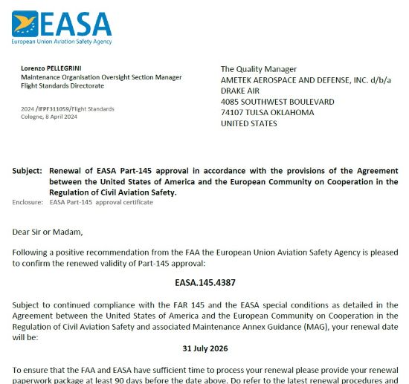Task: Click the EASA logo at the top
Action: pyautogui.click(x=60, y=24)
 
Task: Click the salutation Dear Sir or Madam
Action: pyautogui.click(x=48, y=232)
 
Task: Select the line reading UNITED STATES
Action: pyautogui.click(x=249, y=123)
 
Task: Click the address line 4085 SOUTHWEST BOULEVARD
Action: pyautogui.click(x=277, y=102)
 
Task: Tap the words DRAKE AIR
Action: pyautogui.click(x=239, y=91)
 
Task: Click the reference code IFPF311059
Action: pyautogui.click(x=57, y=109)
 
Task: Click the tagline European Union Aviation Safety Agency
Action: pyautogui.click(x=60, y=42)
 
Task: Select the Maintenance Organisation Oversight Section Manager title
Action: pyautogui.click(x=101, y=77)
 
